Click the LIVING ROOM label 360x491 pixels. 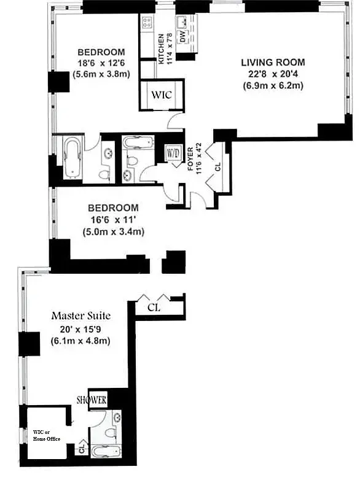tap(272, 63)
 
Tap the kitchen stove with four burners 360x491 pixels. tap(147, 23)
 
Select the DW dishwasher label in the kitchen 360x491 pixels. tap(182, 38)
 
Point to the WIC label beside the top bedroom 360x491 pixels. tap(162, 95)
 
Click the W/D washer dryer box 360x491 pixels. tap(173, 153)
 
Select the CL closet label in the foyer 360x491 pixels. tap(217, 166)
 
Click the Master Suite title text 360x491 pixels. tap(80, 316)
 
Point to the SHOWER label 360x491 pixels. tap(92, 400)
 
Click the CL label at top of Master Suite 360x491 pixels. tap(154, 307)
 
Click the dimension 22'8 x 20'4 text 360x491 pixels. tap(272, 74)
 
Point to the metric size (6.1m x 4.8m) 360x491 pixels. tap(81, 341)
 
